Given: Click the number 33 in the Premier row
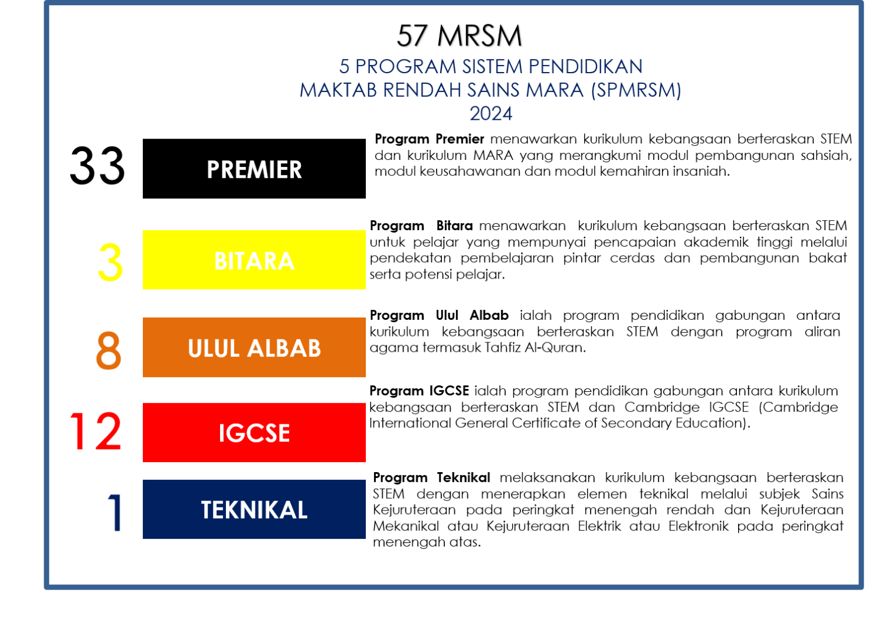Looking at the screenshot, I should [x=97, y=166].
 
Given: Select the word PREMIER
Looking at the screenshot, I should [x=254, y=170].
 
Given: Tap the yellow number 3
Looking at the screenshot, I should [x=111, y=261].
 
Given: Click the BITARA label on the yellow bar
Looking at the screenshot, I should [x=254, y=261].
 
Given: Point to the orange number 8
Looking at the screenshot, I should [x=110, y=350].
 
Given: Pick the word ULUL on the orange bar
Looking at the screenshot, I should [x=213, y=349].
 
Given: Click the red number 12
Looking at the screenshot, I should [x=96, y=431].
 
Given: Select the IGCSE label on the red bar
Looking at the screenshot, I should [x=254, y=433].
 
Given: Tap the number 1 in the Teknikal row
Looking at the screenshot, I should [x=115, y=512].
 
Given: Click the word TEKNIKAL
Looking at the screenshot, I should [x=254, y=510].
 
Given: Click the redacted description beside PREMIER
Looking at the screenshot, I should [x=608, y=155].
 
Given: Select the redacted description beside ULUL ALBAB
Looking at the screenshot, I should [x=602, y=331].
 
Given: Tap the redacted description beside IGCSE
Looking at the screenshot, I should [x=602, y=407].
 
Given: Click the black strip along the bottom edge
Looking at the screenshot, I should [x=442, y=608].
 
